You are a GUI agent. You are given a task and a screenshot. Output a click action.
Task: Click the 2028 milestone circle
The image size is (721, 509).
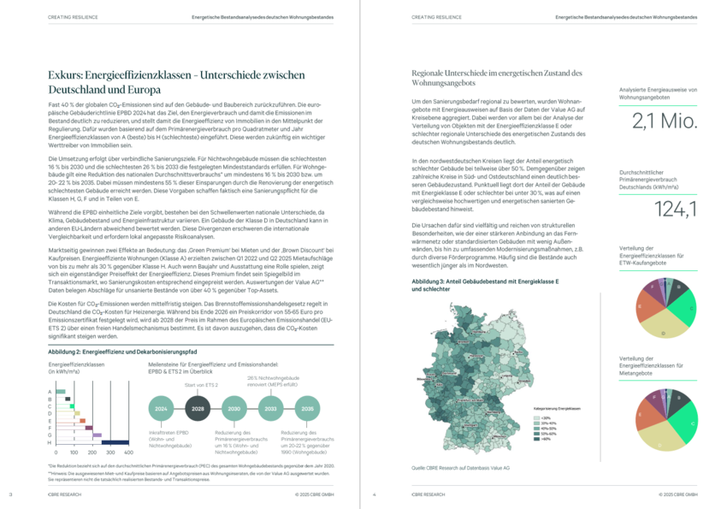[198, 410]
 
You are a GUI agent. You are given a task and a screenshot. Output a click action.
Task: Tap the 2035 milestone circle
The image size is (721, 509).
[307, 410]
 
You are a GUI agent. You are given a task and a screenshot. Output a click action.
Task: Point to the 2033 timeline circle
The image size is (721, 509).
[270, 410]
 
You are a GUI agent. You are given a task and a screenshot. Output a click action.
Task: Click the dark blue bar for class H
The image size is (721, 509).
[115, 441]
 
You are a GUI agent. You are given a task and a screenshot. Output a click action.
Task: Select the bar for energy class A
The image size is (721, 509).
[61, 392]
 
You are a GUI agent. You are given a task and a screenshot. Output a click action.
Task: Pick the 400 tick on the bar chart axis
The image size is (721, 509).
[128, 452]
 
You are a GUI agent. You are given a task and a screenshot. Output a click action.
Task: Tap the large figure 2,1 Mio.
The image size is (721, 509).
[665, 122]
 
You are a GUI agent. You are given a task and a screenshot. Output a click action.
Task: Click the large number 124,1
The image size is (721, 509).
[665, 208]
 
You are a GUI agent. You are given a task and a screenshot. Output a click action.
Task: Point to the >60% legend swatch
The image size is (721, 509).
[535, 439]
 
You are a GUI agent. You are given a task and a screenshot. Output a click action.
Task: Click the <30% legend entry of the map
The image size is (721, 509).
[535, 418]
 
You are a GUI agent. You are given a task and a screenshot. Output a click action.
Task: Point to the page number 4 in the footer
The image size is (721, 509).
[375, 494]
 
